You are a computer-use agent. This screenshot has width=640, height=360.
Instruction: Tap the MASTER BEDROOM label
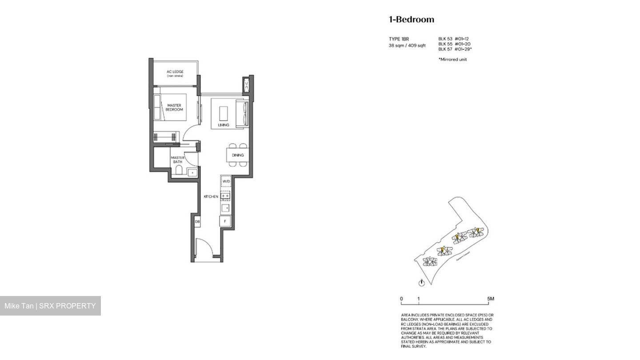(174, 107)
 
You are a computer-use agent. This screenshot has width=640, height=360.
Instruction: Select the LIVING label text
(224, 125)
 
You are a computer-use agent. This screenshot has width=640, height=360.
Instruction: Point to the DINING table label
(237, 155)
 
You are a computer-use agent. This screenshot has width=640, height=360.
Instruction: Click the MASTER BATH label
(178, 160)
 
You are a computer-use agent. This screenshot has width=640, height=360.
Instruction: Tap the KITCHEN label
(211, 196)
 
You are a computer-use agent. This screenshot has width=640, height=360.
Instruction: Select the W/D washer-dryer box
(226, 182)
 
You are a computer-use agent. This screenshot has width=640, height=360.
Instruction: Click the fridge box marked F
(225, 221)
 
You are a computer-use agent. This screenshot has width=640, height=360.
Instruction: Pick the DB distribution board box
(197, 221)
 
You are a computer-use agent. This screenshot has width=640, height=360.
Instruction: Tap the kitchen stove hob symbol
(225, 196)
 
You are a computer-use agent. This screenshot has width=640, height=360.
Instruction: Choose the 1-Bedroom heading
(411, 19)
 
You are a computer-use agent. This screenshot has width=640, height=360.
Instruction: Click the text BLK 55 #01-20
(454, 44)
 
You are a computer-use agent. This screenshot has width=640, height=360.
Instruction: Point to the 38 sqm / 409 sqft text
(407, 45)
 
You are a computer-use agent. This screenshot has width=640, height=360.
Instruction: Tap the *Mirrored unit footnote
(452, 59)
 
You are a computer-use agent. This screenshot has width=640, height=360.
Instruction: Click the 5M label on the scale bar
(490, 299)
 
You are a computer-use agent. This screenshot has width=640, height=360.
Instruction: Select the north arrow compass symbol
(422, 282)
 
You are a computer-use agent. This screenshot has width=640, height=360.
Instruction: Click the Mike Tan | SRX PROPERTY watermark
(50, 306)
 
